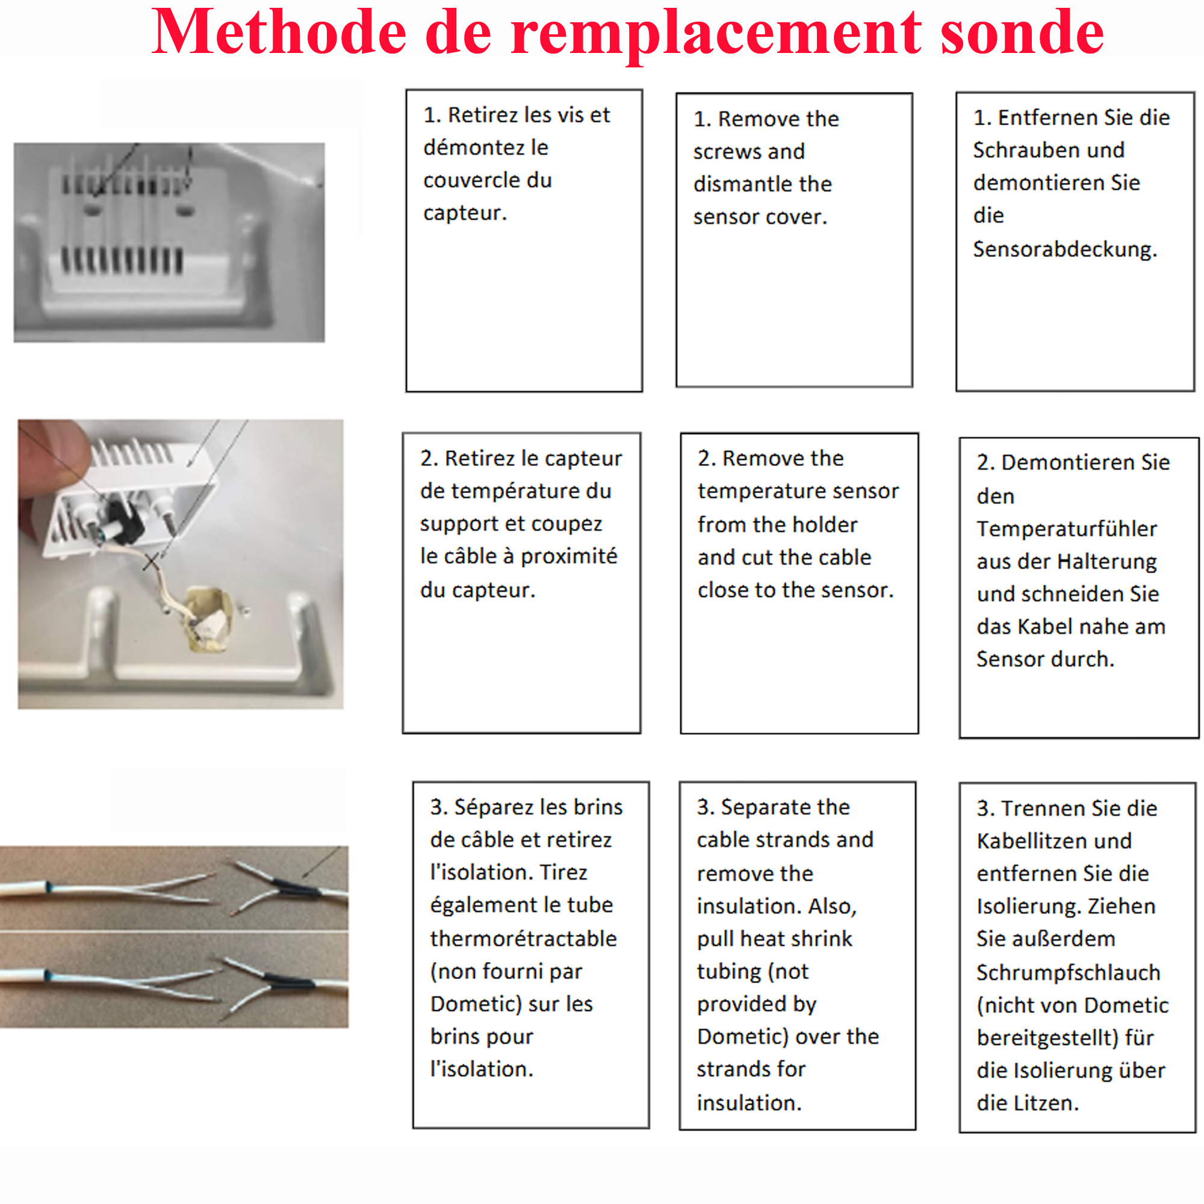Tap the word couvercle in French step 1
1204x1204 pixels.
[488, 180]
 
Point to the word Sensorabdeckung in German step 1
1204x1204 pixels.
[1064, 249]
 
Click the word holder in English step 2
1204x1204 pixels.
[828, 525]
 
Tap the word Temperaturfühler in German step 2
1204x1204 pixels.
[1066, 529]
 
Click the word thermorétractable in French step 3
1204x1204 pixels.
[523, 939]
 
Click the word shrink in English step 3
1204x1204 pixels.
[821, 939]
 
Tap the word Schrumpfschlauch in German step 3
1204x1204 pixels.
[1067, 972]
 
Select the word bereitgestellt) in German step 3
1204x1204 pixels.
[1047, 1038]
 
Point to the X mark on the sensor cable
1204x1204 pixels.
[152, 562]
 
